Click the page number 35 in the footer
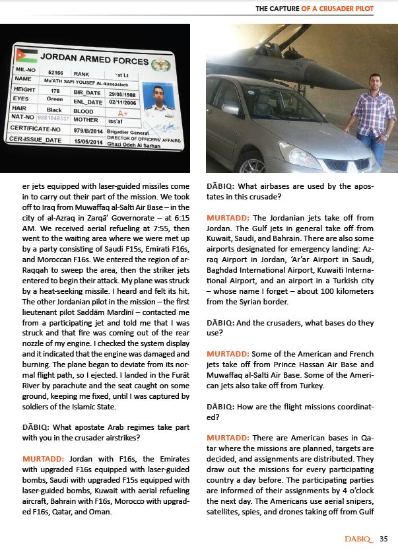coord(383,539)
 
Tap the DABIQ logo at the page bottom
coord(359,539)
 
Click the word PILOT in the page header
coord(362,9)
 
